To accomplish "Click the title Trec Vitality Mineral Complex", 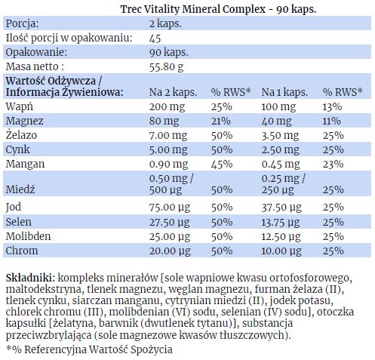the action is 193,9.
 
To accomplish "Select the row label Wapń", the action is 20,106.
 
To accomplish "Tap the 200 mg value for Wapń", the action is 167,107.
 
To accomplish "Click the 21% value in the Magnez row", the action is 221,121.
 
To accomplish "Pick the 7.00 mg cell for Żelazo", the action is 168,136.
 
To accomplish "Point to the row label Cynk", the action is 17,150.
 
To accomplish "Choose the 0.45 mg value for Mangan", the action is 281,165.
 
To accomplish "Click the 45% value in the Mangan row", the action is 222,164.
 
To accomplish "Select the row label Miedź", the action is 20,189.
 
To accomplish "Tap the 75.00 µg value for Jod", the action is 170,208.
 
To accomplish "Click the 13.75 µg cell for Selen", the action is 281,223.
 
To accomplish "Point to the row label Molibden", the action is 28,236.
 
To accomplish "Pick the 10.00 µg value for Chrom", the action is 281,251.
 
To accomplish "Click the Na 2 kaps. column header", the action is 173,92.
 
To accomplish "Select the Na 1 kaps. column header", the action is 284,92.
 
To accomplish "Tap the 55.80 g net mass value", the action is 166,67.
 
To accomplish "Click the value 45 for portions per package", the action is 155,38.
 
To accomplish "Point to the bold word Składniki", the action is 30,278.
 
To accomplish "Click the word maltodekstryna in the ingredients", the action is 43,289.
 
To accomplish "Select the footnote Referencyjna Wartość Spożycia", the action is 98,349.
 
